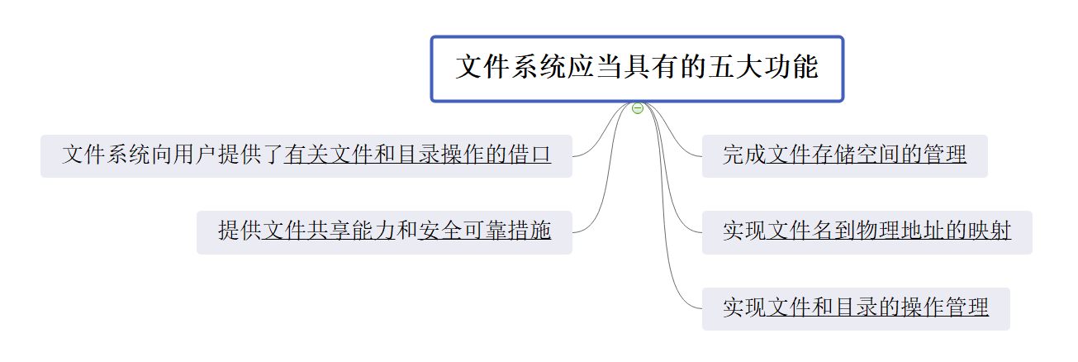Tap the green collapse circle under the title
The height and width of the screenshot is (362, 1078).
click(x=637, y=108)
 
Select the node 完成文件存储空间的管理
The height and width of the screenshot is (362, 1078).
click(x=844, y=155)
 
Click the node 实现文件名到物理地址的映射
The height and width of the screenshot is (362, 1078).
click(x=867, y=231)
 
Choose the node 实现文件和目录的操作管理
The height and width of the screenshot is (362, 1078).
click(x=855, y=308)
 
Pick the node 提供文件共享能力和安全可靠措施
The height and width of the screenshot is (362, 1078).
click(x=384, y=231)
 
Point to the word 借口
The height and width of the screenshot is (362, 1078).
click(x=530, y=155)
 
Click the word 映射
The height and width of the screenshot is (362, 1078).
click(x=989, y=231)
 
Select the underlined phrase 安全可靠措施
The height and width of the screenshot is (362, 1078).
click(x=484, y=231)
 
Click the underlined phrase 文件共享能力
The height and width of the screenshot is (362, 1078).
click(x=328, y=231)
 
